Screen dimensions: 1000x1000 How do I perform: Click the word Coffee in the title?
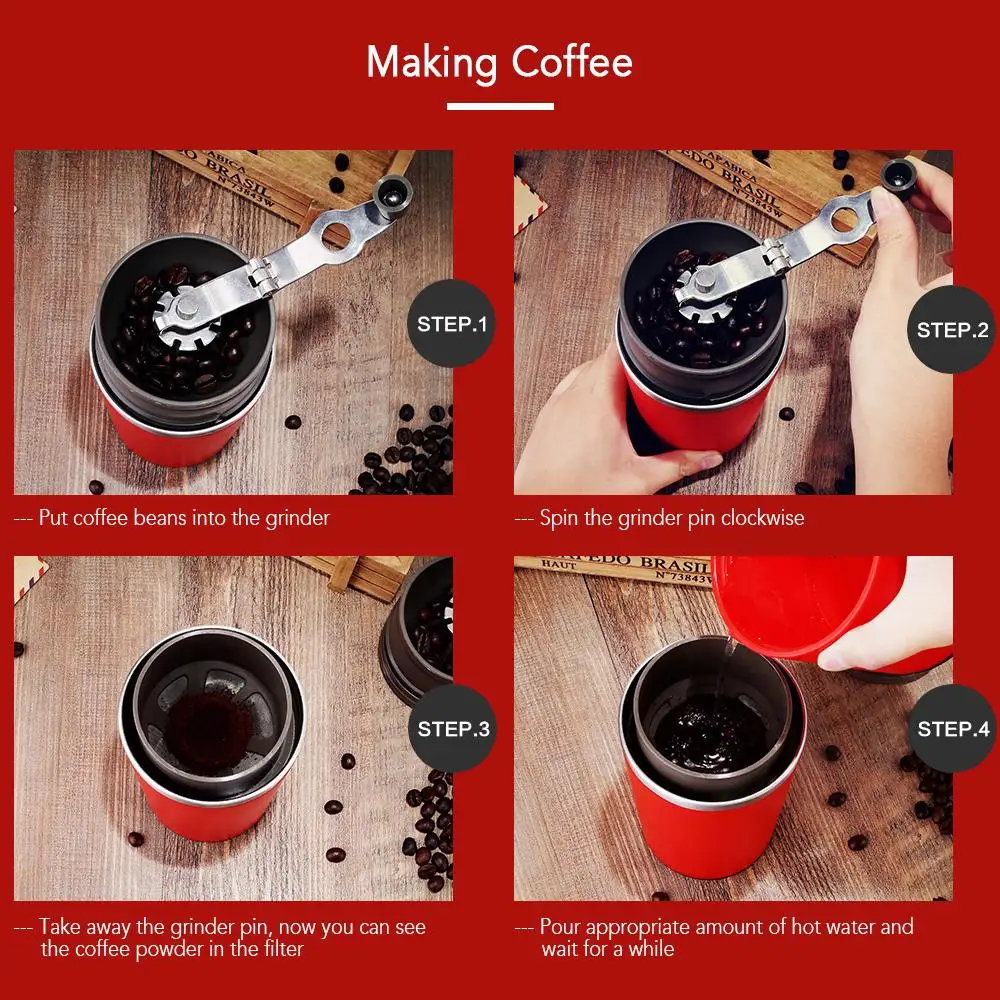tap(572, 62)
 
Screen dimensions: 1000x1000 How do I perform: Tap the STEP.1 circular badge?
tap(452, 323)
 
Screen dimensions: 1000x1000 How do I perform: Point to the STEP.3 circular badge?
tap(453, 728)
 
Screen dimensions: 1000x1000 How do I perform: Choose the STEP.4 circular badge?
tap(953, 728)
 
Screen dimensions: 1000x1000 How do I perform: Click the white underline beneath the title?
tap(500, 107)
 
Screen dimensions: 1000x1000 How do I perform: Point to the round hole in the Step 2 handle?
tap(844, 219)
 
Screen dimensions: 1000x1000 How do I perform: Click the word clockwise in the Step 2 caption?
tap(763, 518)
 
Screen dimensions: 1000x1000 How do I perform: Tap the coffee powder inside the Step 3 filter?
tap(210, 732)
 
